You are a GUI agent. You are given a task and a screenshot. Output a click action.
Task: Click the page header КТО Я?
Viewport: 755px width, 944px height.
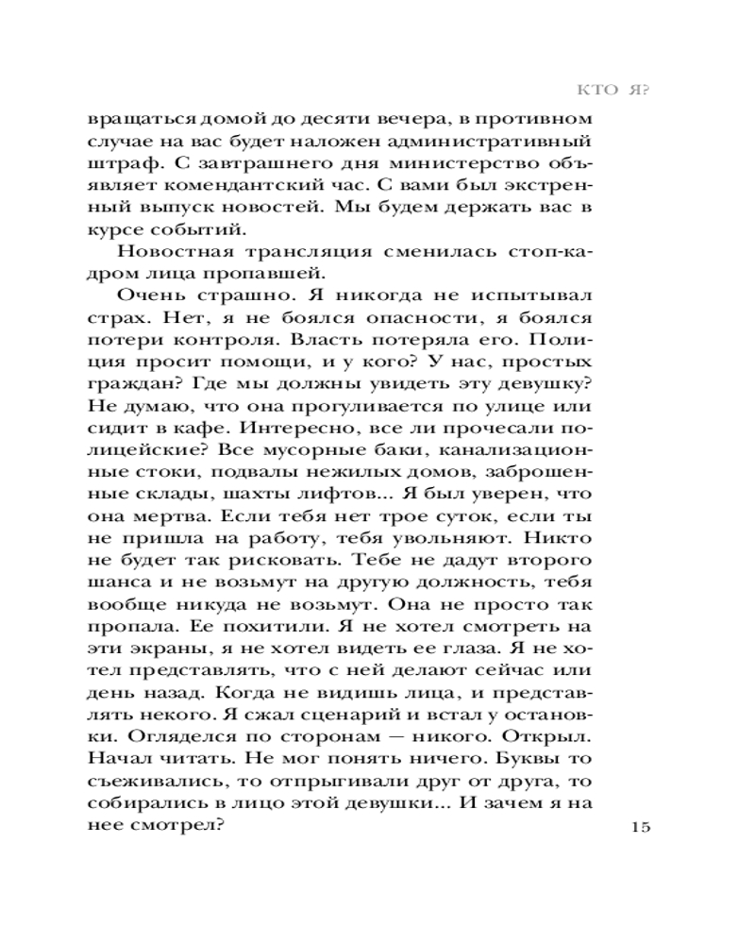(x=615, y=91)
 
